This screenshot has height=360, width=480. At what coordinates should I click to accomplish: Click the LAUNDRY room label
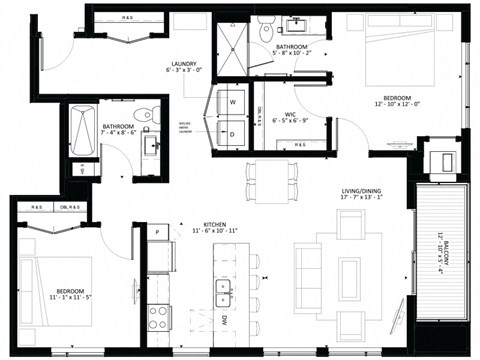(x=183, y=67)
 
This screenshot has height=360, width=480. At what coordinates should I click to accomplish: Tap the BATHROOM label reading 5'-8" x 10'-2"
(x=291, y=51)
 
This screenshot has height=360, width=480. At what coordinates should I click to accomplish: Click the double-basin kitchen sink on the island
(x=223, y=292)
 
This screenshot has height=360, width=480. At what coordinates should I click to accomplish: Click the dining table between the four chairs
(x=271, y=178)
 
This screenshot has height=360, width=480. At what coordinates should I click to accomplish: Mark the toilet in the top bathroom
(x=264, y=31)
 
